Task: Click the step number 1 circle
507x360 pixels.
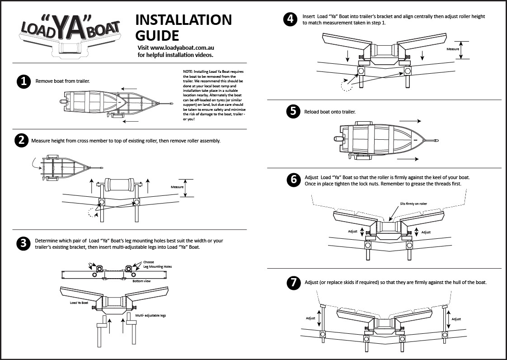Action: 23,81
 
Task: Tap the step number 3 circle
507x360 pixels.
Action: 23,244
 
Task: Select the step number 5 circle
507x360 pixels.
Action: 293,112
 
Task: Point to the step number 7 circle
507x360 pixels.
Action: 293,283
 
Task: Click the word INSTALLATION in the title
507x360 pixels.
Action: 183,20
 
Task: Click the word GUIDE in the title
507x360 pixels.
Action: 157,35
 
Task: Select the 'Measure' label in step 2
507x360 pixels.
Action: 177,187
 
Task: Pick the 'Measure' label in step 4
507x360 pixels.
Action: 453,49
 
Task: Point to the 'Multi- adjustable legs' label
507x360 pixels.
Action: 151,315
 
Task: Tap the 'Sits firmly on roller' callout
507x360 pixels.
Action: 413,204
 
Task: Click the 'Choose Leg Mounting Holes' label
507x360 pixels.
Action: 157,265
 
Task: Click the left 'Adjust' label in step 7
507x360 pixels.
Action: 310,318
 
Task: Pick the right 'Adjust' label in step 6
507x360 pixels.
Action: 426,232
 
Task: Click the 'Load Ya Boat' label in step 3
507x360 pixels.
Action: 79,303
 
